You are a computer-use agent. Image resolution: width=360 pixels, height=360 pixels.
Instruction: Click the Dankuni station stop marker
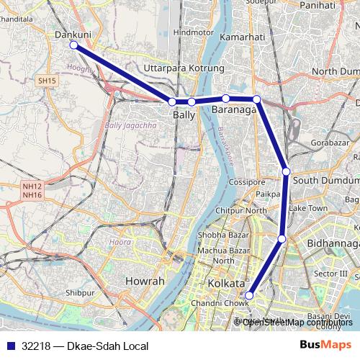coord(73,45)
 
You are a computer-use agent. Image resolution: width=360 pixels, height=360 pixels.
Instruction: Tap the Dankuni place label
coord(72,33)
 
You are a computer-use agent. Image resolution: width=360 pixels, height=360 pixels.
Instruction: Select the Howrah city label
coord(145,280)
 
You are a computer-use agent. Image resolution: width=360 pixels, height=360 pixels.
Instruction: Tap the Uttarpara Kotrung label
coord(184,68)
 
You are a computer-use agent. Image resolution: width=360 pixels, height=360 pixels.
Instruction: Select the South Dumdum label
coord(326,180)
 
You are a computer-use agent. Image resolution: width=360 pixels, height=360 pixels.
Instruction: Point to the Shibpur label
coord(79,294)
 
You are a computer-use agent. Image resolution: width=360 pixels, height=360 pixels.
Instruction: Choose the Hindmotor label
coord(194,32)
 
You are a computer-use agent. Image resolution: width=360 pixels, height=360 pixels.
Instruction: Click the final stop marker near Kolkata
coord(250,295)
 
